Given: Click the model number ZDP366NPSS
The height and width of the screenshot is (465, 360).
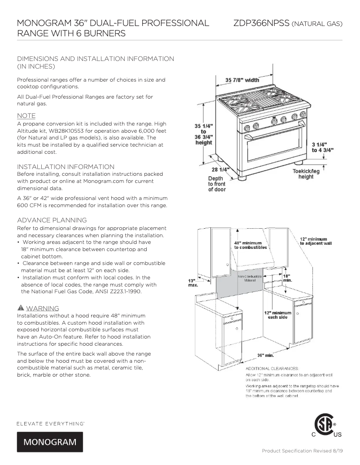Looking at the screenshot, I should tap(261, 23).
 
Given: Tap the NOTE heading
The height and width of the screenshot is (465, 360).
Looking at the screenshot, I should tap(26, 116).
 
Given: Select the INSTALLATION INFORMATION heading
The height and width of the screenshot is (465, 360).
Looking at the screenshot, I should tap(66, 167).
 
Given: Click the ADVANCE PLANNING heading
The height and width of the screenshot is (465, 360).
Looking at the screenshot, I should tap(52, 220).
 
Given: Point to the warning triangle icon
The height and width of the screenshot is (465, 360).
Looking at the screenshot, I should tap(20, 309).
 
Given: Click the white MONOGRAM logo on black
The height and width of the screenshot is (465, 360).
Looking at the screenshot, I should tap(50, 442).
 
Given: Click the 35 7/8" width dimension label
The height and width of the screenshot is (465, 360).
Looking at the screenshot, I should tap(242, 80).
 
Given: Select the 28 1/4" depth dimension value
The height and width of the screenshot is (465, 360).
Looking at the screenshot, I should tap(220, 169).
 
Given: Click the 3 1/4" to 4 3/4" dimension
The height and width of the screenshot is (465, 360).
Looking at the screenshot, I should tap(322, 148).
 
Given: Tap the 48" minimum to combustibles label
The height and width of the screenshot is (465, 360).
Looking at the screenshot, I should tap(250, 245).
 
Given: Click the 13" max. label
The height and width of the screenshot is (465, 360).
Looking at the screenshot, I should tap(193, 282).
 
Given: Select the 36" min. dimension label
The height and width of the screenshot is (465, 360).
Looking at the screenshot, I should tap(265, 355).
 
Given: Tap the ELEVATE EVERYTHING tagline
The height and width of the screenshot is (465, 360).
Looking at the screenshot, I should tap(51, 423).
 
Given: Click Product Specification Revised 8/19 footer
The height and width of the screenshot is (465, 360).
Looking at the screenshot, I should tap(302, 451).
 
